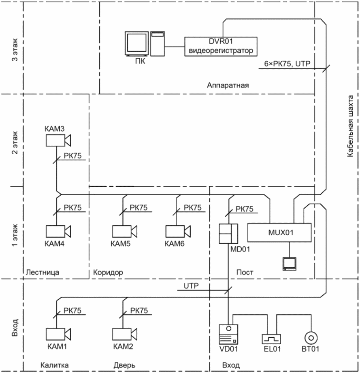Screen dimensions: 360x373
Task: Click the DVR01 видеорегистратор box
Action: point(221,47)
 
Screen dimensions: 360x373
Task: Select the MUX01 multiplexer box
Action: point(279,232)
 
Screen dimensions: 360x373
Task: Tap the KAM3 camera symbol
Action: point(58,141)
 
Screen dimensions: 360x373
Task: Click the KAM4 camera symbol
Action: point(58,231)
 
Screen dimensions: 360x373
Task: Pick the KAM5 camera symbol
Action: point(125,231)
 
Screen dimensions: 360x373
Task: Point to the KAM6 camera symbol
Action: point(178,231)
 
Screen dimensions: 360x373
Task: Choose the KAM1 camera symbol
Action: point(58,334)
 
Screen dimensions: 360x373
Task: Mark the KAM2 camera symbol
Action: point(125,334)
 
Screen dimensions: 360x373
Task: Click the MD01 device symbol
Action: point(228,234)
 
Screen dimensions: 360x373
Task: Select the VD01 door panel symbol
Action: point(228,334)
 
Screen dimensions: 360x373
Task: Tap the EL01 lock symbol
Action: point(271,339)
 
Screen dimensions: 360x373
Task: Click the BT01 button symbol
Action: point(311,338)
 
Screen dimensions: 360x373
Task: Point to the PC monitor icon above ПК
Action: point(137,44)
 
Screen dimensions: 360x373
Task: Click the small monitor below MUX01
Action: point(290,264)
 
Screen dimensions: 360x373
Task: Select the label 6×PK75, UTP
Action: point(287,64)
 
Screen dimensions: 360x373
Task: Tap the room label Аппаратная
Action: point(228,85)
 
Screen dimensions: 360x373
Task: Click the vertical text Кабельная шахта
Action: point(350,126)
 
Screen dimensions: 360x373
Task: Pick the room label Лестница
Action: point(43,272)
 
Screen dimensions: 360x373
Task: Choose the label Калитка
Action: point(54,365)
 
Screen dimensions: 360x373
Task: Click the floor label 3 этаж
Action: point(15,49)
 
